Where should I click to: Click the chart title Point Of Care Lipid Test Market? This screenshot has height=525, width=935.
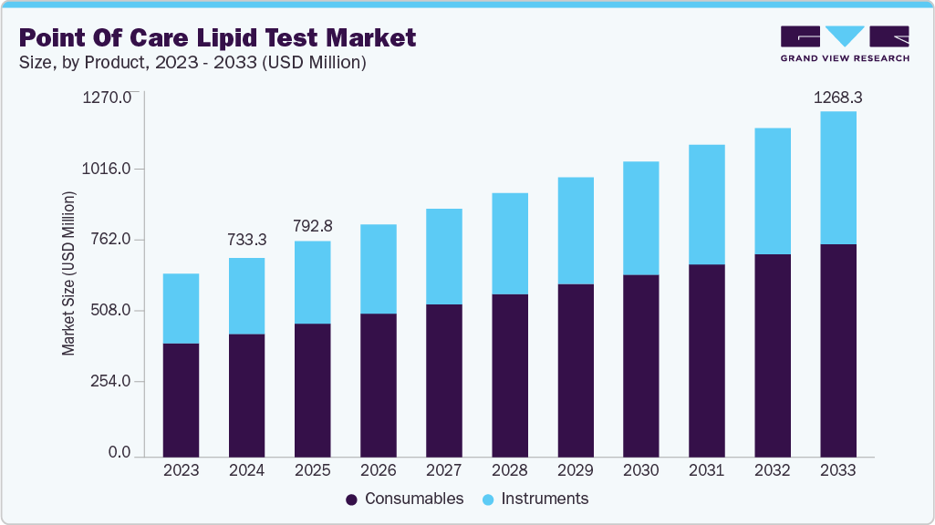pyautogui.click(x=217, y=37)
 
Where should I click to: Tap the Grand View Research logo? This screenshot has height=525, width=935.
pyautogui.click(x=845, y=44)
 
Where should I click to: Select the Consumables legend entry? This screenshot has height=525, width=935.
pyautogui.click(x=404, y=499)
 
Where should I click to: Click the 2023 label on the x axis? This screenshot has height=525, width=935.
pyautogui.click(x=181, y=470)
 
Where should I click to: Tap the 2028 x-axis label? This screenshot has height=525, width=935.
pyautogui.click(x=509, y=470)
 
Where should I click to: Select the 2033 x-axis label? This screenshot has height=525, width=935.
pyautogui.click(x=837, y=470)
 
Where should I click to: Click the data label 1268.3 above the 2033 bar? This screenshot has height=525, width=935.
pyautogui.click(x=837, y=97)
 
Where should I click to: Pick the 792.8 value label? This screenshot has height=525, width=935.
pyautogui.click(x=312, y=224)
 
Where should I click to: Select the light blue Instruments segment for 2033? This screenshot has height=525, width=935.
pyautogui.click(x=837, y=178)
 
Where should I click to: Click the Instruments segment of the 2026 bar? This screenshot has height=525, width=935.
pyautogui.click(x=378, y=269)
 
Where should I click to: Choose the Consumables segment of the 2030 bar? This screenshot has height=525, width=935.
pyautogui.click(x=640, y=365)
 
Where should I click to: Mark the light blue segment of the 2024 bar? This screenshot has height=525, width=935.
pyautogui.click(x=246, y=296)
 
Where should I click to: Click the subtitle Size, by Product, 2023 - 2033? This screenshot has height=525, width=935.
pyautogui.click(x=192, y=63)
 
